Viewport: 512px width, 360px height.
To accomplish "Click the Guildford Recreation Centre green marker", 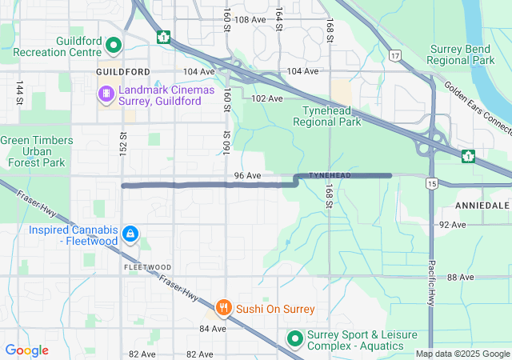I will coord(113,46).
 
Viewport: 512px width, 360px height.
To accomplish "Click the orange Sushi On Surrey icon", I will coord(223,307).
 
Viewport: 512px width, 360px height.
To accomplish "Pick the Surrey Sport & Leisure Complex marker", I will coord(294,339).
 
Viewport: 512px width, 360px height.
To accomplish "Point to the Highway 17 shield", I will coord(394,55).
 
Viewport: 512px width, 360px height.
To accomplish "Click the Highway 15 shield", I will coord(432,184).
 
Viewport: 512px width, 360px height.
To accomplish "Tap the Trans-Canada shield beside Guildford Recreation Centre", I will coord(163,37).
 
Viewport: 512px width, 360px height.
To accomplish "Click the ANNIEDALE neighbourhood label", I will coord(482,206).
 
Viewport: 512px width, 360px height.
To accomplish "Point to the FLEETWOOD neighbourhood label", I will coord(147,266).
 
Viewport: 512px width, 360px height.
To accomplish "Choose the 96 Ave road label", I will coord(248,175).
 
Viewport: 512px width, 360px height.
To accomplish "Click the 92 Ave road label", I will coord(452,225).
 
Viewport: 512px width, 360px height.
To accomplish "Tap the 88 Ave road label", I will coord(461,277).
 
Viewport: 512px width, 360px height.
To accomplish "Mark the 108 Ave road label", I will coord(250,19).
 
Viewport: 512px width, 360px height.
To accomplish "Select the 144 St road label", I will coord(18,93).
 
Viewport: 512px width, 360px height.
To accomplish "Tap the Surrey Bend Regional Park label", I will coord(461,54).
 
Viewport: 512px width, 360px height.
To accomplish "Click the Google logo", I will coord(27,350).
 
